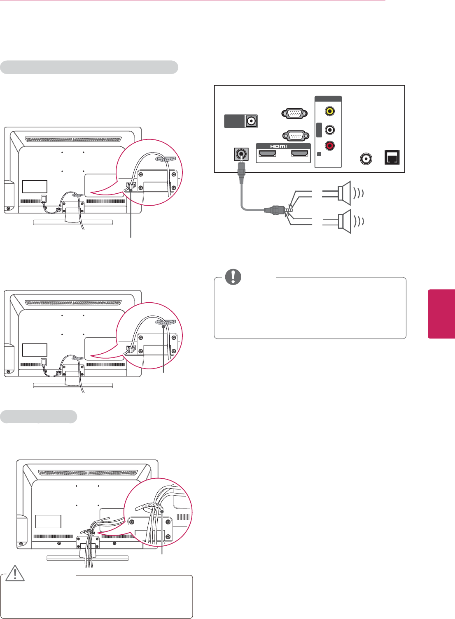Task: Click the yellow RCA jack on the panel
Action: [329, 111]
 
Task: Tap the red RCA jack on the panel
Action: [329, 146]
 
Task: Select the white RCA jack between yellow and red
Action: [329, 130]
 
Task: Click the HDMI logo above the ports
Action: [279, 146]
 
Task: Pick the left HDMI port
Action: [267, 154]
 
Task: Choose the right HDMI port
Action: [299, 154]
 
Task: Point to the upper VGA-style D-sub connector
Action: [294, 114]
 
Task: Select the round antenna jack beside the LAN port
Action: [366, 158]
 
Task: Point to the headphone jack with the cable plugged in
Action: [241, 155]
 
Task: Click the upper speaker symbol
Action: [344, 192]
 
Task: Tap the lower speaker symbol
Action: [344, 221]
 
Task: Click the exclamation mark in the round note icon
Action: [233, 277]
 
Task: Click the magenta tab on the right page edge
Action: [441, 314]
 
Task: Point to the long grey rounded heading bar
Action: [89, 67]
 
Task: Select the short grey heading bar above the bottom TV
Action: [39, 417]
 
